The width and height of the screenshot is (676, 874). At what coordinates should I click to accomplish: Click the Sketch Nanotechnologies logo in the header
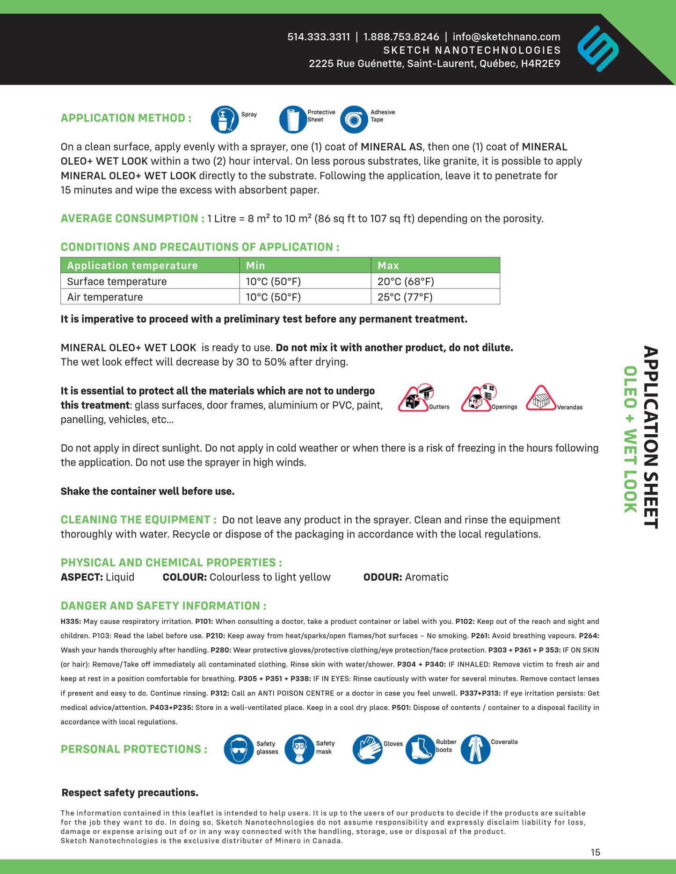[598, 49]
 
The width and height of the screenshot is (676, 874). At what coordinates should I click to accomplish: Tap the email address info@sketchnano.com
[506, 37]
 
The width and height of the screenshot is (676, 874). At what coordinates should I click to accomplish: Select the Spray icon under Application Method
[225, 120]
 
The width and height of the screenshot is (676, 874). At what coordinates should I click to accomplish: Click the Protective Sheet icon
[293, 120]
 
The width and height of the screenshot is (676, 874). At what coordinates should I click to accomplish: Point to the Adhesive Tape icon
[354, 120]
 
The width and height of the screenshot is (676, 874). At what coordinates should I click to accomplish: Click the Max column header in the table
[388, 265]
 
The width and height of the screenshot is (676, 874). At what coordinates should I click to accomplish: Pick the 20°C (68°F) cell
[406, 281]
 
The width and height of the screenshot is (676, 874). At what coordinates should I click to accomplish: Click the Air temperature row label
[105, 297]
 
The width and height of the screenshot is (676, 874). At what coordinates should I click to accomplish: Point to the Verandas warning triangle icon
[541, 400]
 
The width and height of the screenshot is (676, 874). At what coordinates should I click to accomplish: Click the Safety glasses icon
[239, 749]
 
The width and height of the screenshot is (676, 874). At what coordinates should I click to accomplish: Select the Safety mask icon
[299, 749]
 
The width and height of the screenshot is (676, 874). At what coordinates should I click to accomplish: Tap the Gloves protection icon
[367, 749]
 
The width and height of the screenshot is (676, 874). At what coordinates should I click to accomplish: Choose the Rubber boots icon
[420, 749]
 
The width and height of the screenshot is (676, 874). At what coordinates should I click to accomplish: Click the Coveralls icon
[475, 749]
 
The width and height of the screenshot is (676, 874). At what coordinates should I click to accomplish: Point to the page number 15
[595, 852]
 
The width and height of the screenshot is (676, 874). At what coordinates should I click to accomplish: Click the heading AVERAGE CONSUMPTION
[132, 218]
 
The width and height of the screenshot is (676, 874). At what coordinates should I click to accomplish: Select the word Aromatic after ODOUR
[427, 577]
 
